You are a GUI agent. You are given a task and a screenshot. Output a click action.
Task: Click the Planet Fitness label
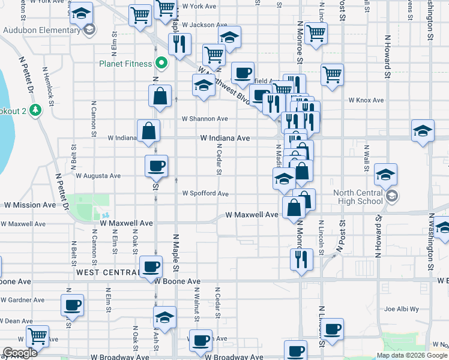point(125,62)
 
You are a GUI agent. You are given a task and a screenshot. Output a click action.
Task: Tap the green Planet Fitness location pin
point(161,62)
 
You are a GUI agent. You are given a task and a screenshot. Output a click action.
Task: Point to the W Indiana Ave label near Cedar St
point(225,138)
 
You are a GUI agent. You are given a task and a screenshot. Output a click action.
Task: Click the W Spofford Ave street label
point(206,193)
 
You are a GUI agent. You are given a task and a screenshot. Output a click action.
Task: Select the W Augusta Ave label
point(98,176)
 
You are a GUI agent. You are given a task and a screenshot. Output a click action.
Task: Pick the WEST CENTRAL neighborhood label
point(108,272)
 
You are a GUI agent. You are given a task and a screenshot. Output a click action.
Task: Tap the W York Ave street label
point(199,6)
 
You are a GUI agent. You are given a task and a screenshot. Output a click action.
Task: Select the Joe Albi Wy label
point(401,310)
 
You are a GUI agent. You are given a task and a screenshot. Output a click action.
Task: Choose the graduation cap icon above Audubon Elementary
point(82,13)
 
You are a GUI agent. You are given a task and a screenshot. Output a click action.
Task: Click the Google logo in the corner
point(20,353)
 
